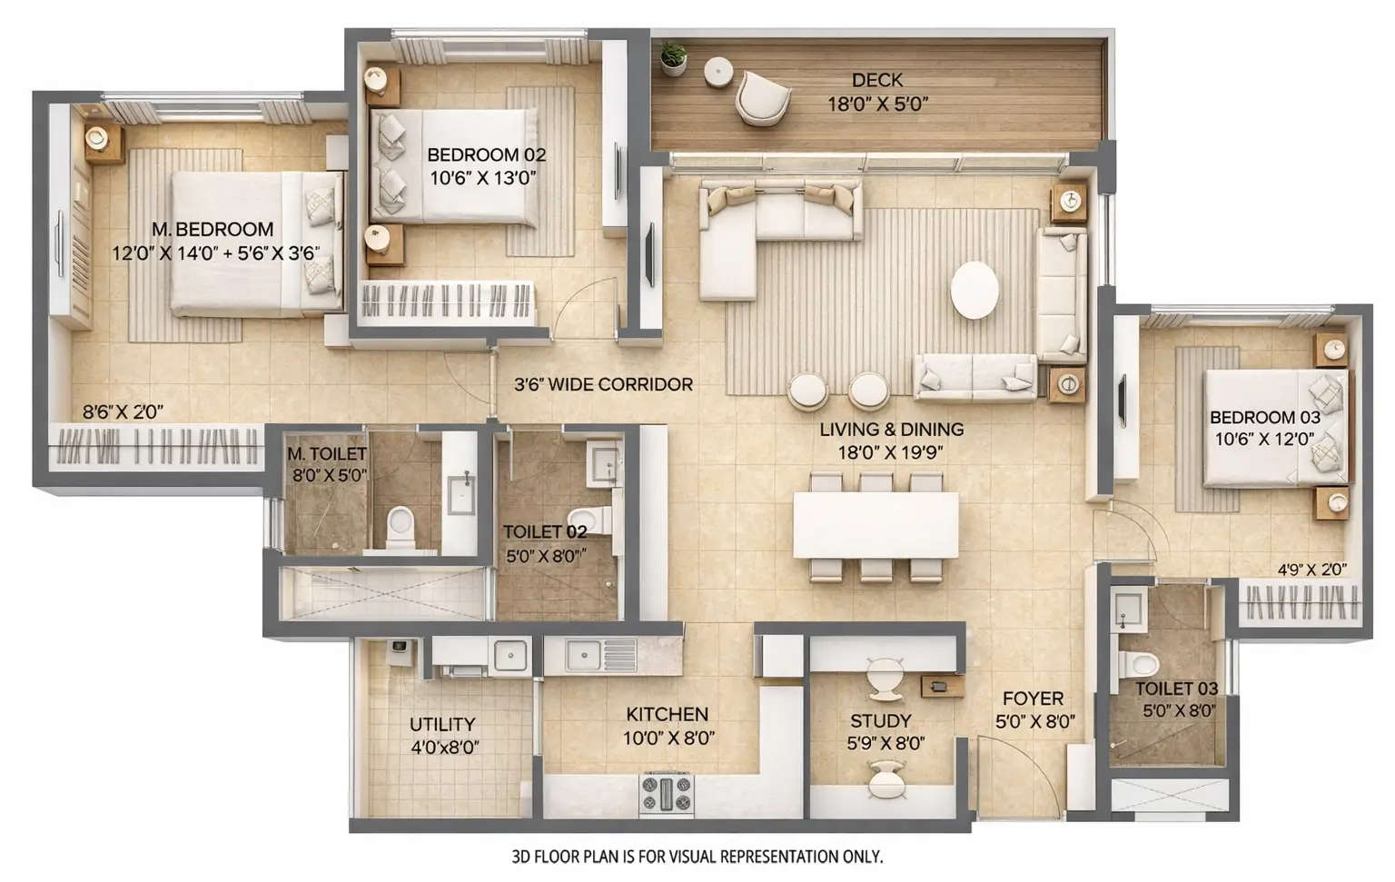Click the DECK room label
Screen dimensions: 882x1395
tap(876, 81)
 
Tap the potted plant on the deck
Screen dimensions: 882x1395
tap(673, 57)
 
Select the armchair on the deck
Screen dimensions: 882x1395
tap(761, 97)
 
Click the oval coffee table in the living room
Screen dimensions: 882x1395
tap(974, 290)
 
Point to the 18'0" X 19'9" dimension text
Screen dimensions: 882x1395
tap(891, 452)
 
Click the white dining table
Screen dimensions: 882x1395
tap(875, 525)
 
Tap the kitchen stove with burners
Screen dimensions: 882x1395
tap(667, 792)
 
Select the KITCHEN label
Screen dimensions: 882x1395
tap(667, 715)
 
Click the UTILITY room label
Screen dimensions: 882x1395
tap(442, 724)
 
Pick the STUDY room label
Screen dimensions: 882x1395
tap(880, 720)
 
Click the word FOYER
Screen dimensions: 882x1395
tap(1033, 699)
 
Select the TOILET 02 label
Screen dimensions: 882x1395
tap(545, 531)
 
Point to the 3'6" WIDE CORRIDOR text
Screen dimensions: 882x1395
tap(603, 384)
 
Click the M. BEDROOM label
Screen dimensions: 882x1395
tap(213, 230)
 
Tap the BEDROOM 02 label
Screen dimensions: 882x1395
tap(486, 155)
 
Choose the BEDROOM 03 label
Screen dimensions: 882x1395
tap(1264, 418)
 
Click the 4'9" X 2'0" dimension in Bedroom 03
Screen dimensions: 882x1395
tap(1311, 570)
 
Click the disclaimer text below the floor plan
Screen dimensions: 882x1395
tap(697, 857)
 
